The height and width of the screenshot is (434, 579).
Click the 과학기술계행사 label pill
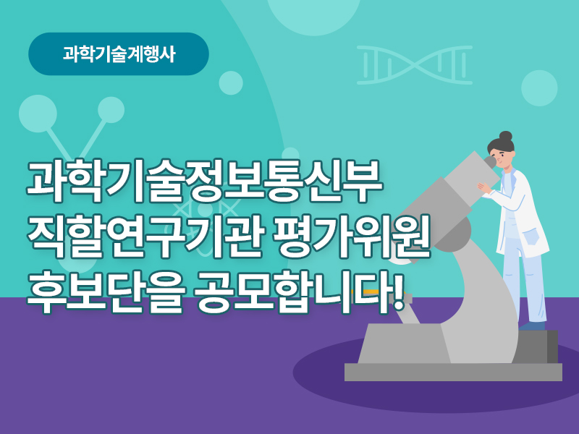(x=119, y=54)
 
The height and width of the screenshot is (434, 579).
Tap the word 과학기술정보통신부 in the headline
(x=204, y=181)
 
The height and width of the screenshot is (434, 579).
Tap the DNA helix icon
(x=415, y=65)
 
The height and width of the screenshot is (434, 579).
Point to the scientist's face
(x=504, y=158)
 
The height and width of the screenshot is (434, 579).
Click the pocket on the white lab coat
(x=531, y=237)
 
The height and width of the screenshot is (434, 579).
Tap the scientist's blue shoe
(x=532, y=326)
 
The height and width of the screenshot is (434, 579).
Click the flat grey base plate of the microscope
(x=453, y=372)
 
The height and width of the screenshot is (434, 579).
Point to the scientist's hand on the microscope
(x=484, y=187)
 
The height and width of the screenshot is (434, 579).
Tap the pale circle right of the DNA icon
(x=539, y=88)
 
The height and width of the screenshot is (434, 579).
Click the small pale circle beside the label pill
(x=231, y=82)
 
